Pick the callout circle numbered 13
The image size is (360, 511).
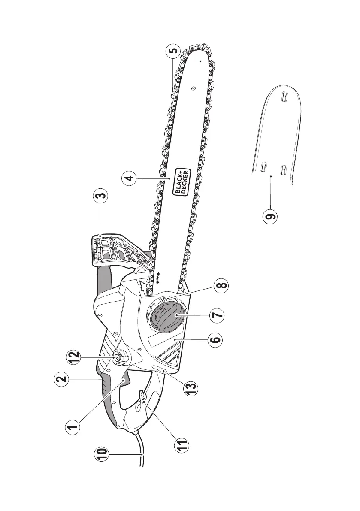point(191,388)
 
